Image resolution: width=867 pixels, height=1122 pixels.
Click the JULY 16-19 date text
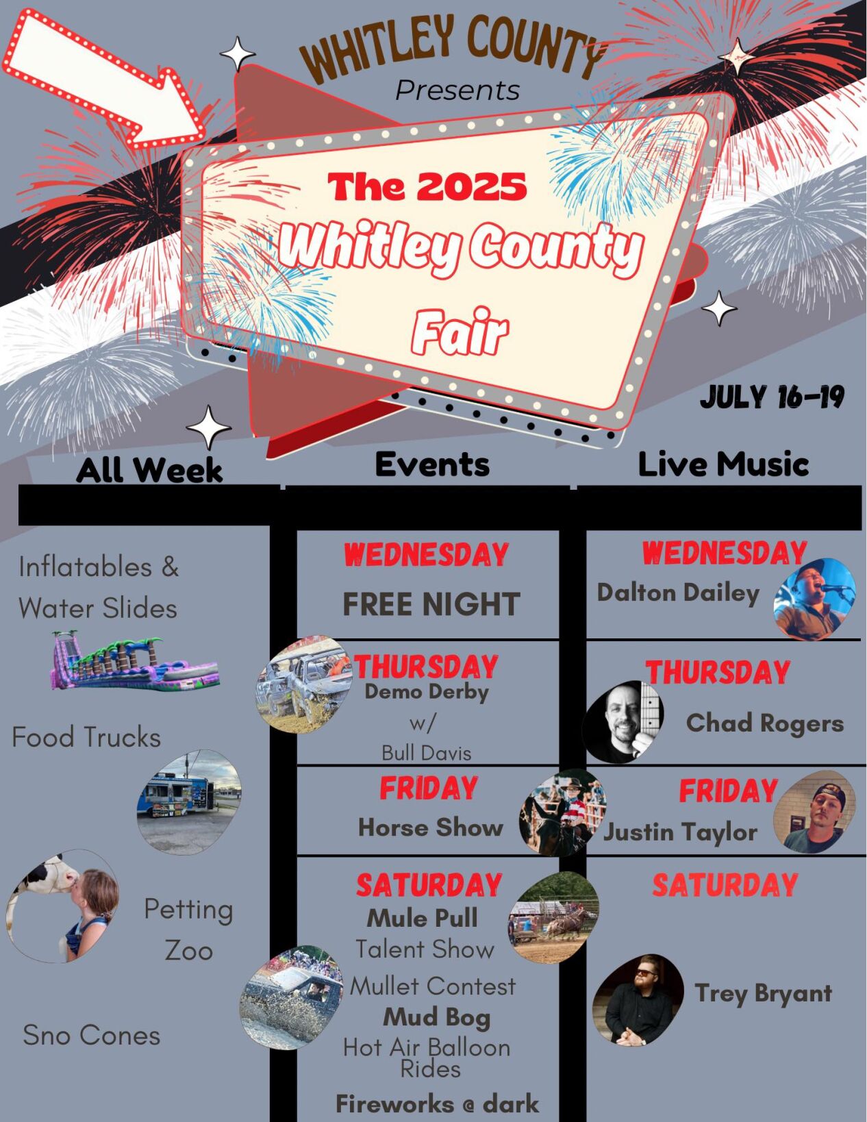pyautogui.click(x=772, y=397)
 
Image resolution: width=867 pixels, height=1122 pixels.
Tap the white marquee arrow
pyautogui.click(x=103, y=79)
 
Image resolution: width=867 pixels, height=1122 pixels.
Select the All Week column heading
pyautogui.click(x=149, y=470)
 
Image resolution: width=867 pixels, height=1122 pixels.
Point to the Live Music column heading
pyautogui.click(x=723, y=464)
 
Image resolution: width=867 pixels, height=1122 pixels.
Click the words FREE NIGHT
pyautogui.click(x=431, y=604)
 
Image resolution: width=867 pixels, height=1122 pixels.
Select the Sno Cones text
pyautogui.click(x=91, y=1035)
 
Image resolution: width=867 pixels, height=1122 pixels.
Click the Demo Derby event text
pyautogui.click(x=426, y=692)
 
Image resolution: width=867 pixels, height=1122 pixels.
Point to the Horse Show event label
pyautogui.click(x=430, y=827)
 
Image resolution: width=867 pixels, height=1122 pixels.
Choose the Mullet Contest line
pyautogui.click(x=433, y=986)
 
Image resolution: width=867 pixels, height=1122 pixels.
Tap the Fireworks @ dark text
pyautogui.click(x=437, y=1104)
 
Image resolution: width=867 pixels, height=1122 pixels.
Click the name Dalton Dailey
pyautogui.click(x=678, y=593)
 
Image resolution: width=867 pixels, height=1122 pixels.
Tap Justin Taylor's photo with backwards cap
pyautogui.click(x=815, y=812)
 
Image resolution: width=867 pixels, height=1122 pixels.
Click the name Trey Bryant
pyautogui.click(x=763, y=993)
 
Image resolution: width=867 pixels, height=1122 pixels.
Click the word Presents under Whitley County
pyautogui.click(x=457, y=90)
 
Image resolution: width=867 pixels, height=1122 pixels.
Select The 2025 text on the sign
pyautogui.click(x=427, y=186)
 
